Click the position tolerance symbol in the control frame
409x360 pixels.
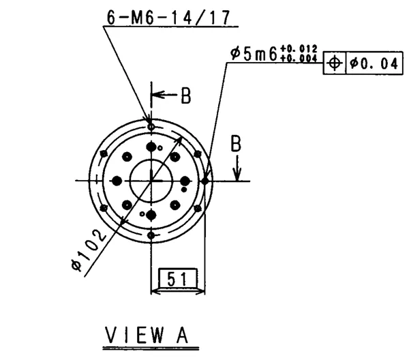(x=334, y=63)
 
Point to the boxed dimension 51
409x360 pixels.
(x=177, y=278)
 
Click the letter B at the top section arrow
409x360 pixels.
(x=185, y=96)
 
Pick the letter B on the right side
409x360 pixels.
(x=235, y=144)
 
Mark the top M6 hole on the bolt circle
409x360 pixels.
(x=151, y=126)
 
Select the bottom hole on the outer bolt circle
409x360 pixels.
(x=151, y=235)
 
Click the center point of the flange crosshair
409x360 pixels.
(x=151, y=181)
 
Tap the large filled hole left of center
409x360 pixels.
(x=117, y=181)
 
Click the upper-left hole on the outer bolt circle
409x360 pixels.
(x=104, y=153)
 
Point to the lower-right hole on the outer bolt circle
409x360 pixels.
(x=198, y=208)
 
